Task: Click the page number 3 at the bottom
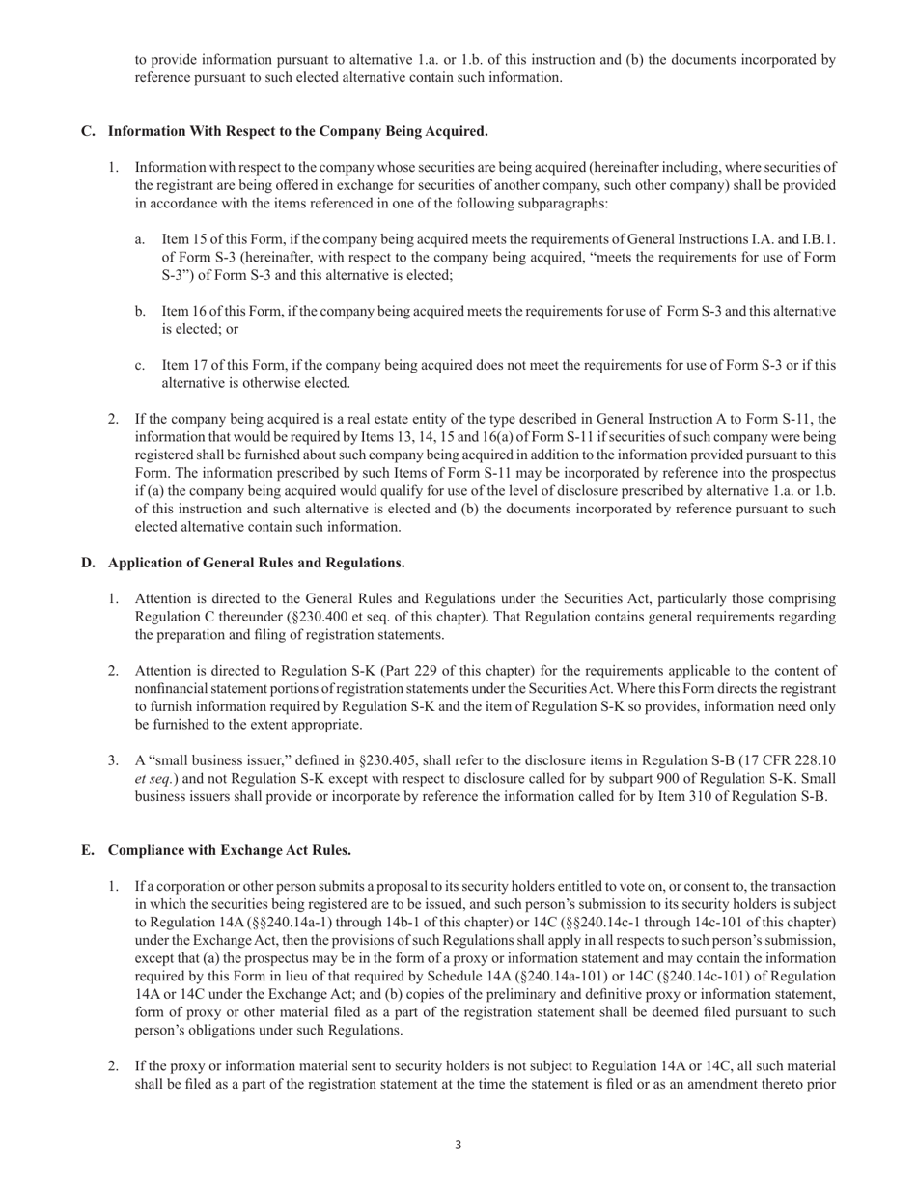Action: pos(458,1146)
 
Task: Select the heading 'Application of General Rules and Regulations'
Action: pos(256,563)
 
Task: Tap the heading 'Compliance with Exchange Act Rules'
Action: pos(229,850)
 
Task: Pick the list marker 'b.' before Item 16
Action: pos(141,311)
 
